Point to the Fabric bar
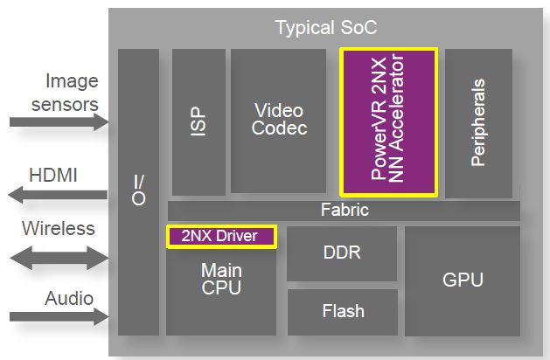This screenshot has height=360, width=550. tap(344, 211)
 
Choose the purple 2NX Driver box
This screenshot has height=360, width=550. tap(221, 236)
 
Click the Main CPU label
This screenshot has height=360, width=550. tap(221, 280)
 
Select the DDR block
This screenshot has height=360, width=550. tap(341, 253)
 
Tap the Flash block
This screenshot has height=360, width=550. tap(341, 311)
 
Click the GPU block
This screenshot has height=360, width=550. tap(463, 280)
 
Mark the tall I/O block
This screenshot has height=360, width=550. tap(138, 191)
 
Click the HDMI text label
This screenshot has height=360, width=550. tap(54, 175)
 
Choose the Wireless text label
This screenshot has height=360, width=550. tap(58, 229)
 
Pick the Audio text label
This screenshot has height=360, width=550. tap(68, 298)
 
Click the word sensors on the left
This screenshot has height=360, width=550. tap(65, 105)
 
